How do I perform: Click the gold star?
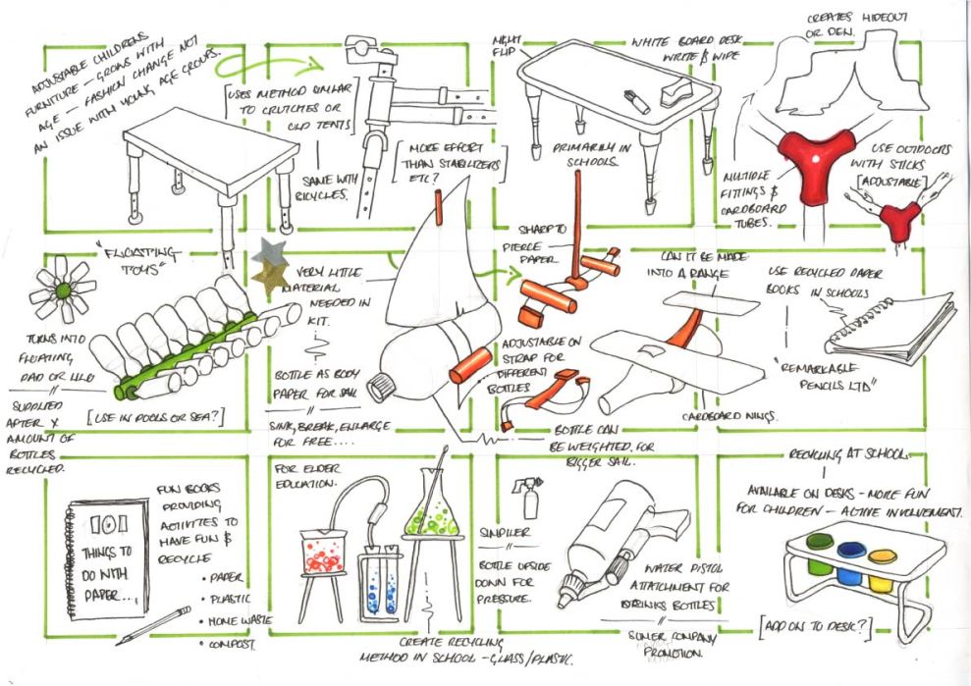268,280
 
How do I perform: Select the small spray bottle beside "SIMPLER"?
531,496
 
